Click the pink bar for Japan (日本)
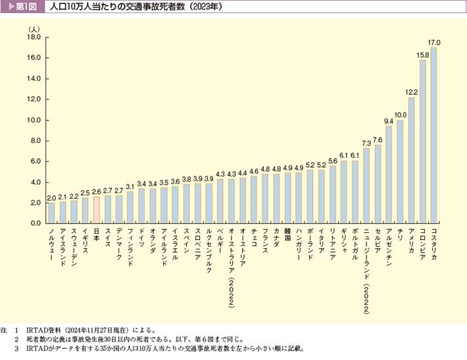click(x=96, y=210)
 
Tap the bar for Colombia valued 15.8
click(x=422, y=141)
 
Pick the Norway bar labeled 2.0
click(x=51, y=213)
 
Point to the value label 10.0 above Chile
click(x=400, y=115)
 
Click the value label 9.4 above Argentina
click(x=389, y=121)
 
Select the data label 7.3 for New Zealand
click(x=366, y=143)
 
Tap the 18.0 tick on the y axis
click(x=34, y=38)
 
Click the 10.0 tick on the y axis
click(x=34, y=120)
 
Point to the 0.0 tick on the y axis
click(x=36, y=224)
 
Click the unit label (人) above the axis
click(x=34, y=28)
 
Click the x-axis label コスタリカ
click(x=434, y=246)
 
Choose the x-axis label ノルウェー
click(x=51, y=244)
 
